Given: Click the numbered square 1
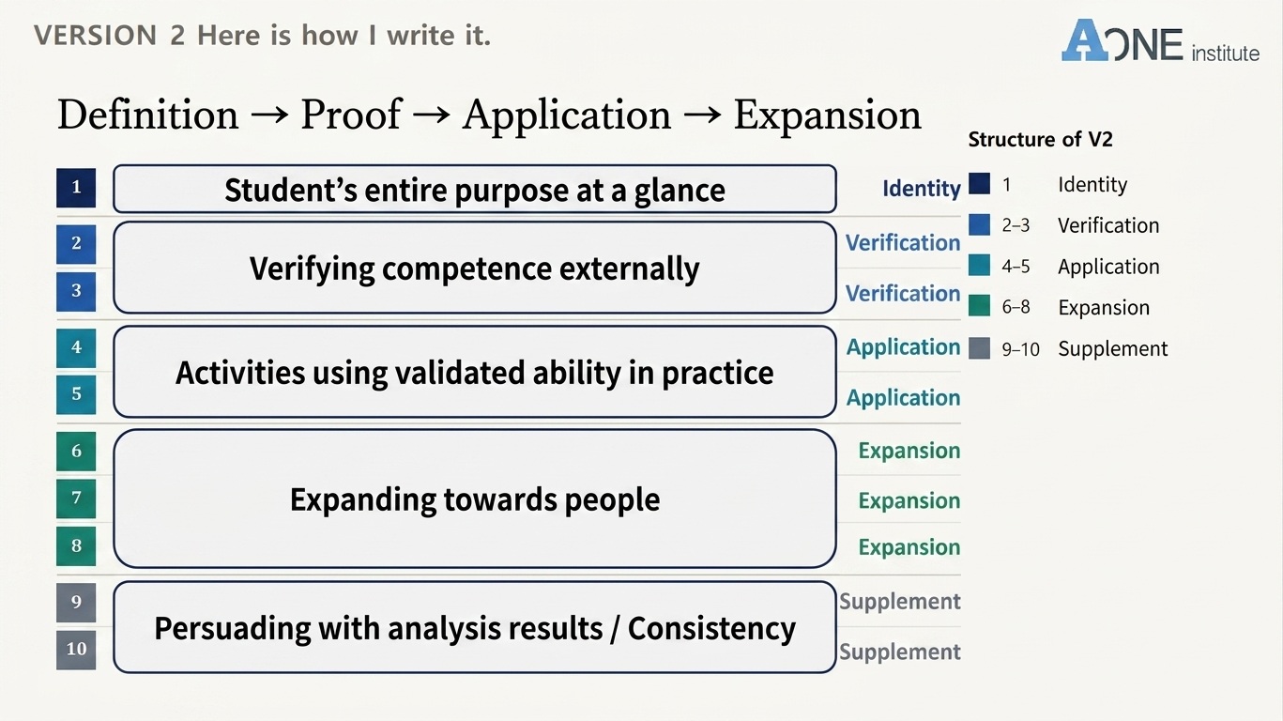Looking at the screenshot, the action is point(76,188).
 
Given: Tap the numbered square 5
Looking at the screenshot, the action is point(76,393).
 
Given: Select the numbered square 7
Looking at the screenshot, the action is point(76,499).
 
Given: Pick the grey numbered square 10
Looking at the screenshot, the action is point(76,650).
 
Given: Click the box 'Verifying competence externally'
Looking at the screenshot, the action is point(475,268).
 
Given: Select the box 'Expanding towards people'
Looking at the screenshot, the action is point(475,499).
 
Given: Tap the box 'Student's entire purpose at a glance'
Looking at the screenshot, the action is point(475,189).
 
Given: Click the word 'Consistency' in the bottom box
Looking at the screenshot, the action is point(711,629).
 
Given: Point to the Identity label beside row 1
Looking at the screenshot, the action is point(921,188).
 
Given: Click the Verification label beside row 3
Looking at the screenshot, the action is point(903,294).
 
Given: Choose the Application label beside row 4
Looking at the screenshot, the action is point(903,347).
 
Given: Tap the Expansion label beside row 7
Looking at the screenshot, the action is point(909,501).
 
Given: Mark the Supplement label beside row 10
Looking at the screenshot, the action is point(900,652).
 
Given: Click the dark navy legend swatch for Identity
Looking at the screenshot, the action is point(980,184).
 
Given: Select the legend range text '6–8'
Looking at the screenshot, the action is point(1016,307).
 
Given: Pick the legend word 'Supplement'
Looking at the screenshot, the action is point(1112,349).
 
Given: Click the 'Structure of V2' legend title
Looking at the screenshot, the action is point(1040,139).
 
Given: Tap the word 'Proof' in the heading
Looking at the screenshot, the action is point(351,114).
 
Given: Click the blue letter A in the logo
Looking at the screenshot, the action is point(1085,40).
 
